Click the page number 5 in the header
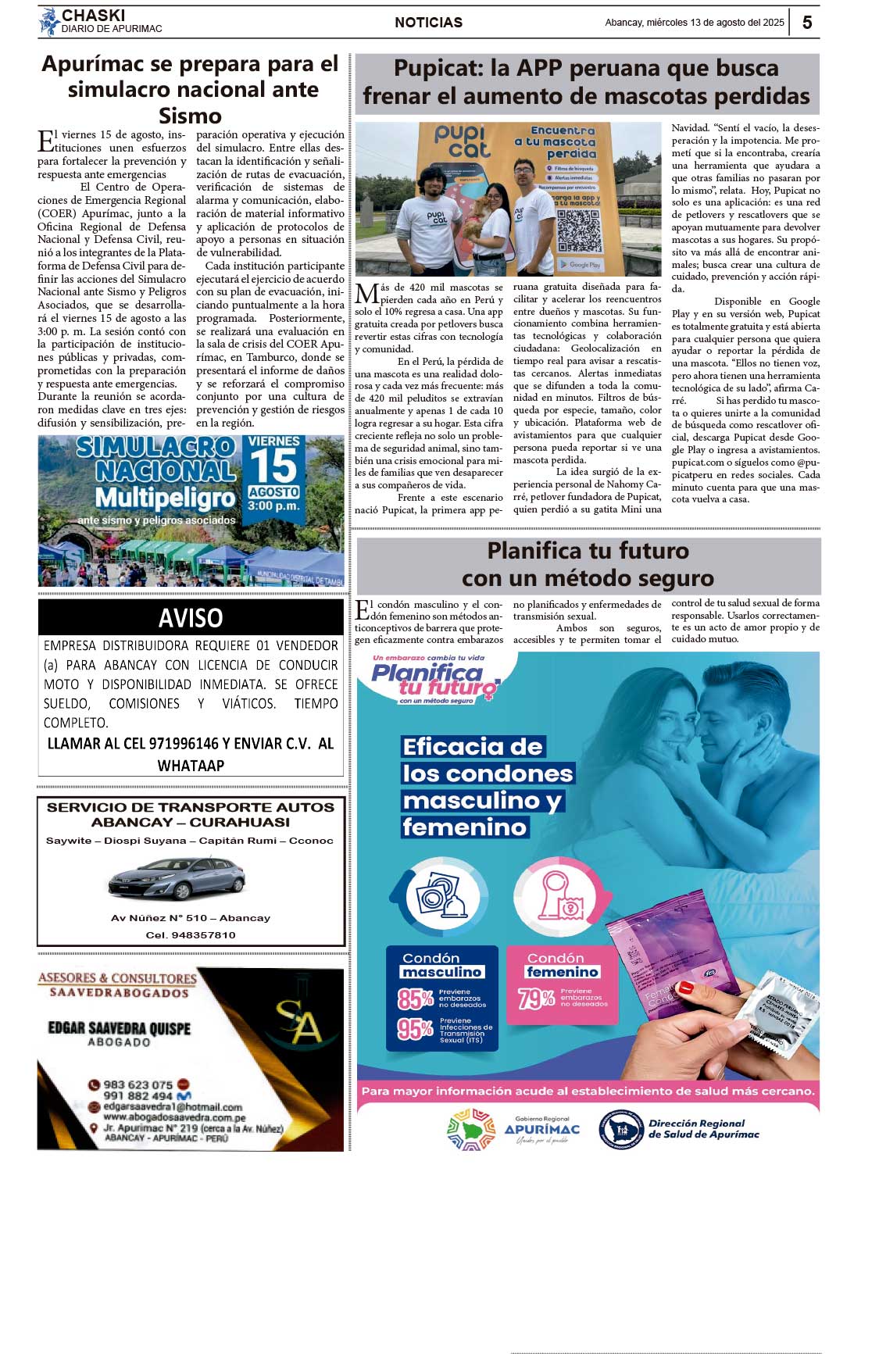click(807, 23)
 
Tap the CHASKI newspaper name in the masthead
click(93, 16)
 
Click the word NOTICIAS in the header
click(428, 23)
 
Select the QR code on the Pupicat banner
click(579, 230)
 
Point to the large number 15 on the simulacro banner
click(273, 466)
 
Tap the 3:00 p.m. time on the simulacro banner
click(273, 506)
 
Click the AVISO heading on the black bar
click(191, 618)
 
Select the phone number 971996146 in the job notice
click(171, 744)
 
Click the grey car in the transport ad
click(177, 879)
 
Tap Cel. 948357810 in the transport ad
click(191, 935)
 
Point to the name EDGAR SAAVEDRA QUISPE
click(120, 1028)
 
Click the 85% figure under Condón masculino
click(415, 999)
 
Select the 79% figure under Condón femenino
click(536, 998)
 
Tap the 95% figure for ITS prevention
click(415, 1029)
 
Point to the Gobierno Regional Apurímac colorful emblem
click(471, 1130)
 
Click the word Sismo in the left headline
click(190, 116)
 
